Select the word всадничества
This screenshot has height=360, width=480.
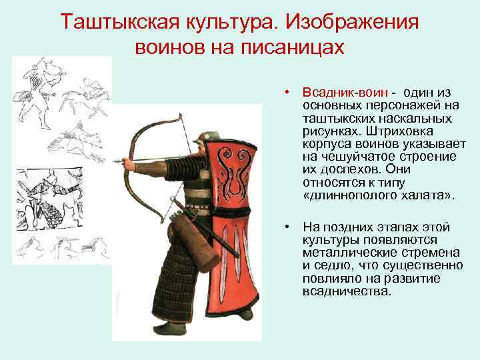[x=346, y=291]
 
